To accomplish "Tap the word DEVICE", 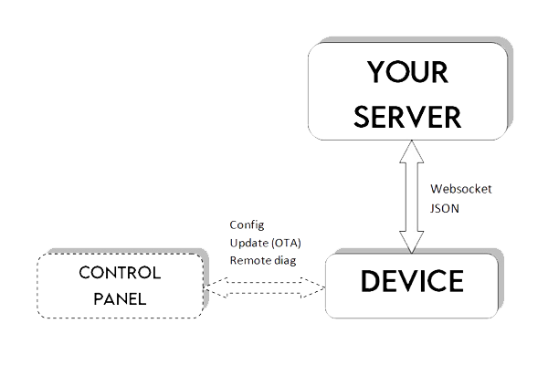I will [412, 280].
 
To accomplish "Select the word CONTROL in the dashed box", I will [119, 273].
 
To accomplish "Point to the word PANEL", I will [119, 297].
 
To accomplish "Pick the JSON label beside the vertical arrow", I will [445, 209].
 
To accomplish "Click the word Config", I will [245, 224].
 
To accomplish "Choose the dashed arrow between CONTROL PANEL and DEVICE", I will [265, 289].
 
